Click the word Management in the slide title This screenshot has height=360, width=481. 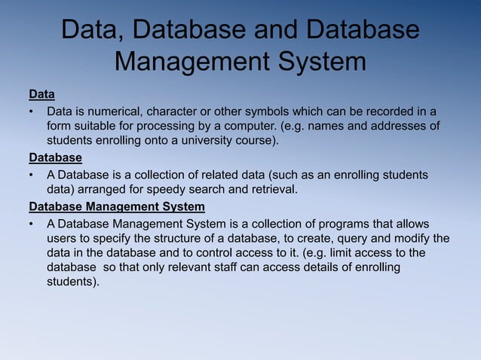coord(192,61)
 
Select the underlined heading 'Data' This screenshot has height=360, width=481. coord(41,95)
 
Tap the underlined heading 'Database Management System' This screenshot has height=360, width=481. coord(116,206)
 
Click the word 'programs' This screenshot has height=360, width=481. coord(339,224)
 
